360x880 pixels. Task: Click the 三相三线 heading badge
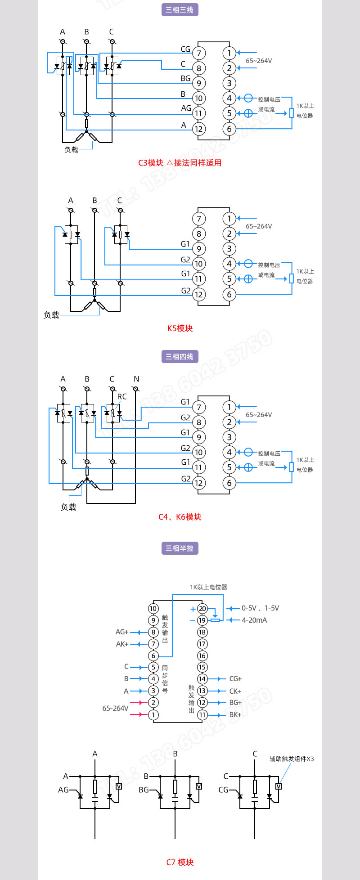(180, 10)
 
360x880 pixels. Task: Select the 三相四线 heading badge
(180, 357)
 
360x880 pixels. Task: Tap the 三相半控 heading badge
(180, 548)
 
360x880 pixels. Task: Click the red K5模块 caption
(180, 328)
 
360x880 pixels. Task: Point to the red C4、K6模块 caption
(180, 517)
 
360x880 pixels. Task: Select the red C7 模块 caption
(180, 862)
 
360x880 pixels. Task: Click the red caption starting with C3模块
(180, 163)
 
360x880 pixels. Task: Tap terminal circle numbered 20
(202, 609)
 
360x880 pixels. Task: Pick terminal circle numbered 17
(202, 644)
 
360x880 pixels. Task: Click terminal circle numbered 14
(202, 679)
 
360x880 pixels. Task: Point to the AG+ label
(122, 632)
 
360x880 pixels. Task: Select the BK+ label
(235, 714)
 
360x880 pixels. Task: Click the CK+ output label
(235, 691)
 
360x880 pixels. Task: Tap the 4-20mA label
(254, 620)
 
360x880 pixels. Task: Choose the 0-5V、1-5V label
(260, 608)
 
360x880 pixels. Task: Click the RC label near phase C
(122, 397)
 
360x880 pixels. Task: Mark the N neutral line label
(136, 379)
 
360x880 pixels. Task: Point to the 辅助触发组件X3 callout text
(292, 759)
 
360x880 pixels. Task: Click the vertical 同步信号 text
(165, 679)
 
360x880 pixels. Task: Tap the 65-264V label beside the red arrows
(115, 709)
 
